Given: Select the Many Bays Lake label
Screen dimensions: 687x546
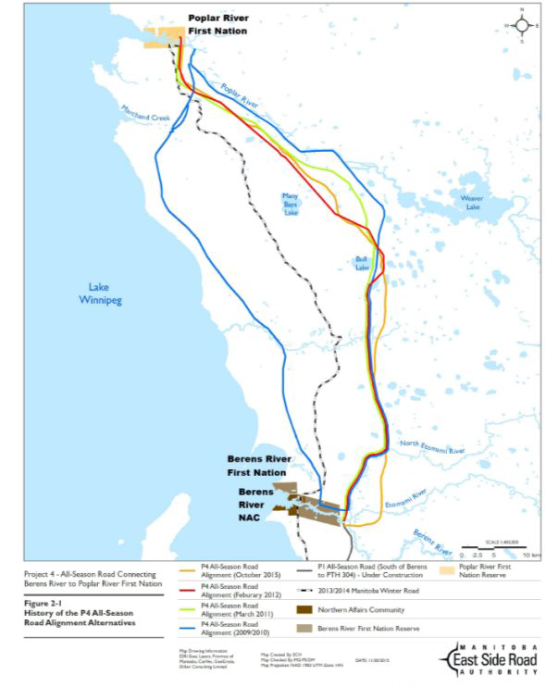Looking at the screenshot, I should coord(291,204).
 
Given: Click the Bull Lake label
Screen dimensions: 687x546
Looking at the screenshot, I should coord(363,264).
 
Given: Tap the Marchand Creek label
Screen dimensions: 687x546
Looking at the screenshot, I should coord(147,115).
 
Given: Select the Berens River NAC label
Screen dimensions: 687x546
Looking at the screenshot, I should coord(255,506).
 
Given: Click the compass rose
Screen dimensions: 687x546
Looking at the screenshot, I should coord(522,26).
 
